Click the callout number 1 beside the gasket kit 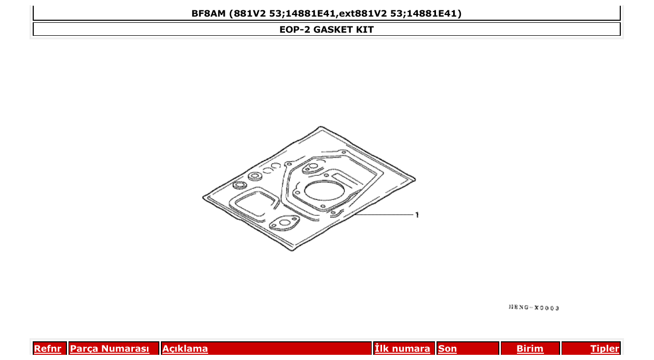point(417,214)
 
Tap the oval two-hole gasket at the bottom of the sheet point(284,224)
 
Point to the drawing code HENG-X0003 point(534,308)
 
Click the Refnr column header point(47,349)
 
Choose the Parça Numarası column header point(110,349)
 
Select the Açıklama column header point(185,349)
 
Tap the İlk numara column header point(402,349)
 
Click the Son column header point(447,349)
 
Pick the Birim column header point(530,349)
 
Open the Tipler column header point(605,349)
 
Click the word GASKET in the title point(333,30)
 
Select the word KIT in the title point(364,30)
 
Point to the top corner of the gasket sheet point(322,128)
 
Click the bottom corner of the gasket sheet point(292,250)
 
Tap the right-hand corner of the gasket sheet point(415,178)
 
